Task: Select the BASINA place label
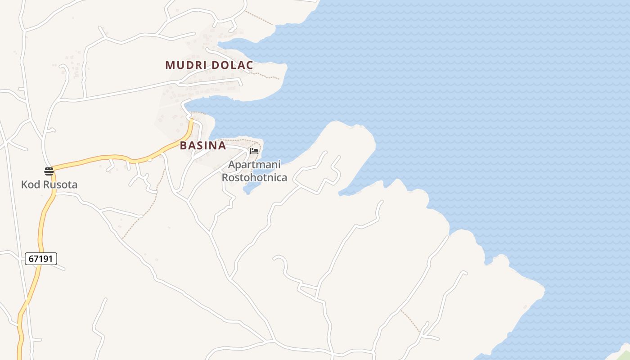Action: coord(203,146)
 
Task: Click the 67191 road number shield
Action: coord(41,259)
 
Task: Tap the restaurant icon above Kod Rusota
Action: coord(49,171)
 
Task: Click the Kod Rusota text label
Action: coord(49,184)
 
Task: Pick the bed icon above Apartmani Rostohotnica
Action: coord(254,151)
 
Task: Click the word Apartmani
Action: coord(254,165)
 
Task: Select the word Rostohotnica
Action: coord(254,177)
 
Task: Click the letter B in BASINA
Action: coord(183,146)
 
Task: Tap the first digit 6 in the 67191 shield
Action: coord(31,259)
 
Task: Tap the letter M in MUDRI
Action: coord(170,65)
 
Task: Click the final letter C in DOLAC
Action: coord(249,65)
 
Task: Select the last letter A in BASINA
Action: coord(222,146)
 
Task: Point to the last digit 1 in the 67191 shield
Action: coord(52,259)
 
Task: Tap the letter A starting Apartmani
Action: coord(231,165)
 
